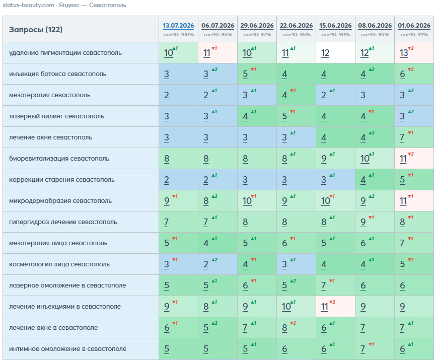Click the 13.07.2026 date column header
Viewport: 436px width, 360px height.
[x=178, y=26]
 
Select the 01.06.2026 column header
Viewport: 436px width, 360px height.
[x=414, y=26]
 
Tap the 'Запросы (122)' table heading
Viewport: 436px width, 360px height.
[x=36, y=30]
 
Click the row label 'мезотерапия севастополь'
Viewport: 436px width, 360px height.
[x=50, y=95]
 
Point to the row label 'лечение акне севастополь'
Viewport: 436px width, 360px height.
[x=51, y=137]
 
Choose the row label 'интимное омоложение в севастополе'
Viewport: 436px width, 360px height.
[x=67, y=348]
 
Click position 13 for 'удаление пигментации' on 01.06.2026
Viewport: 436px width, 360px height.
[x=404, y=53]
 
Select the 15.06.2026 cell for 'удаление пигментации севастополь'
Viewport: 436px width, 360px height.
[x=335, y=53]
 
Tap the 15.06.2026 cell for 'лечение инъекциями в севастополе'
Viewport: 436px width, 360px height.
[x=335, y=306]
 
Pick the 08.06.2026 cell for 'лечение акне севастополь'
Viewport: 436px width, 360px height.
[x=375, y=137]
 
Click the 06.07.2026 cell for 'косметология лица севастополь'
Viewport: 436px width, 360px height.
[x=217, y=264]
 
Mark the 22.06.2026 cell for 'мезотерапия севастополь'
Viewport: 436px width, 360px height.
[x=296, y=95]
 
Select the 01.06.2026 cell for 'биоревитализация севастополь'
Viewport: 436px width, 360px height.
[x=414, y=159]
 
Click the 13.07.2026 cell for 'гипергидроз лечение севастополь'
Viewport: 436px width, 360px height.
[x=178, y=222]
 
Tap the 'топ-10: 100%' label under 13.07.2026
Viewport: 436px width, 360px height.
[x=178, y=35]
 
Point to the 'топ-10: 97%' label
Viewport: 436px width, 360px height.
[x=257, y=35]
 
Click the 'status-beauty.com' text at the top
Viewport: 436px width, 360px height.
[x=28, y=5]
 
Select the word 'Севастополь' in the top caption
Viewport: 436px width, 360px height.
[x=108, y=5]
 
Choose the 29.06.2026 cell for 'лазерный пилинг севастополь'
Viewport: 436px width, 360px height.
[x=257, y=116]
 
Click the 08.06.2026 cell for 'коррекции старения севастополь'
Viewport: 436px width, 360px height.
[x=375, y=180]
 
